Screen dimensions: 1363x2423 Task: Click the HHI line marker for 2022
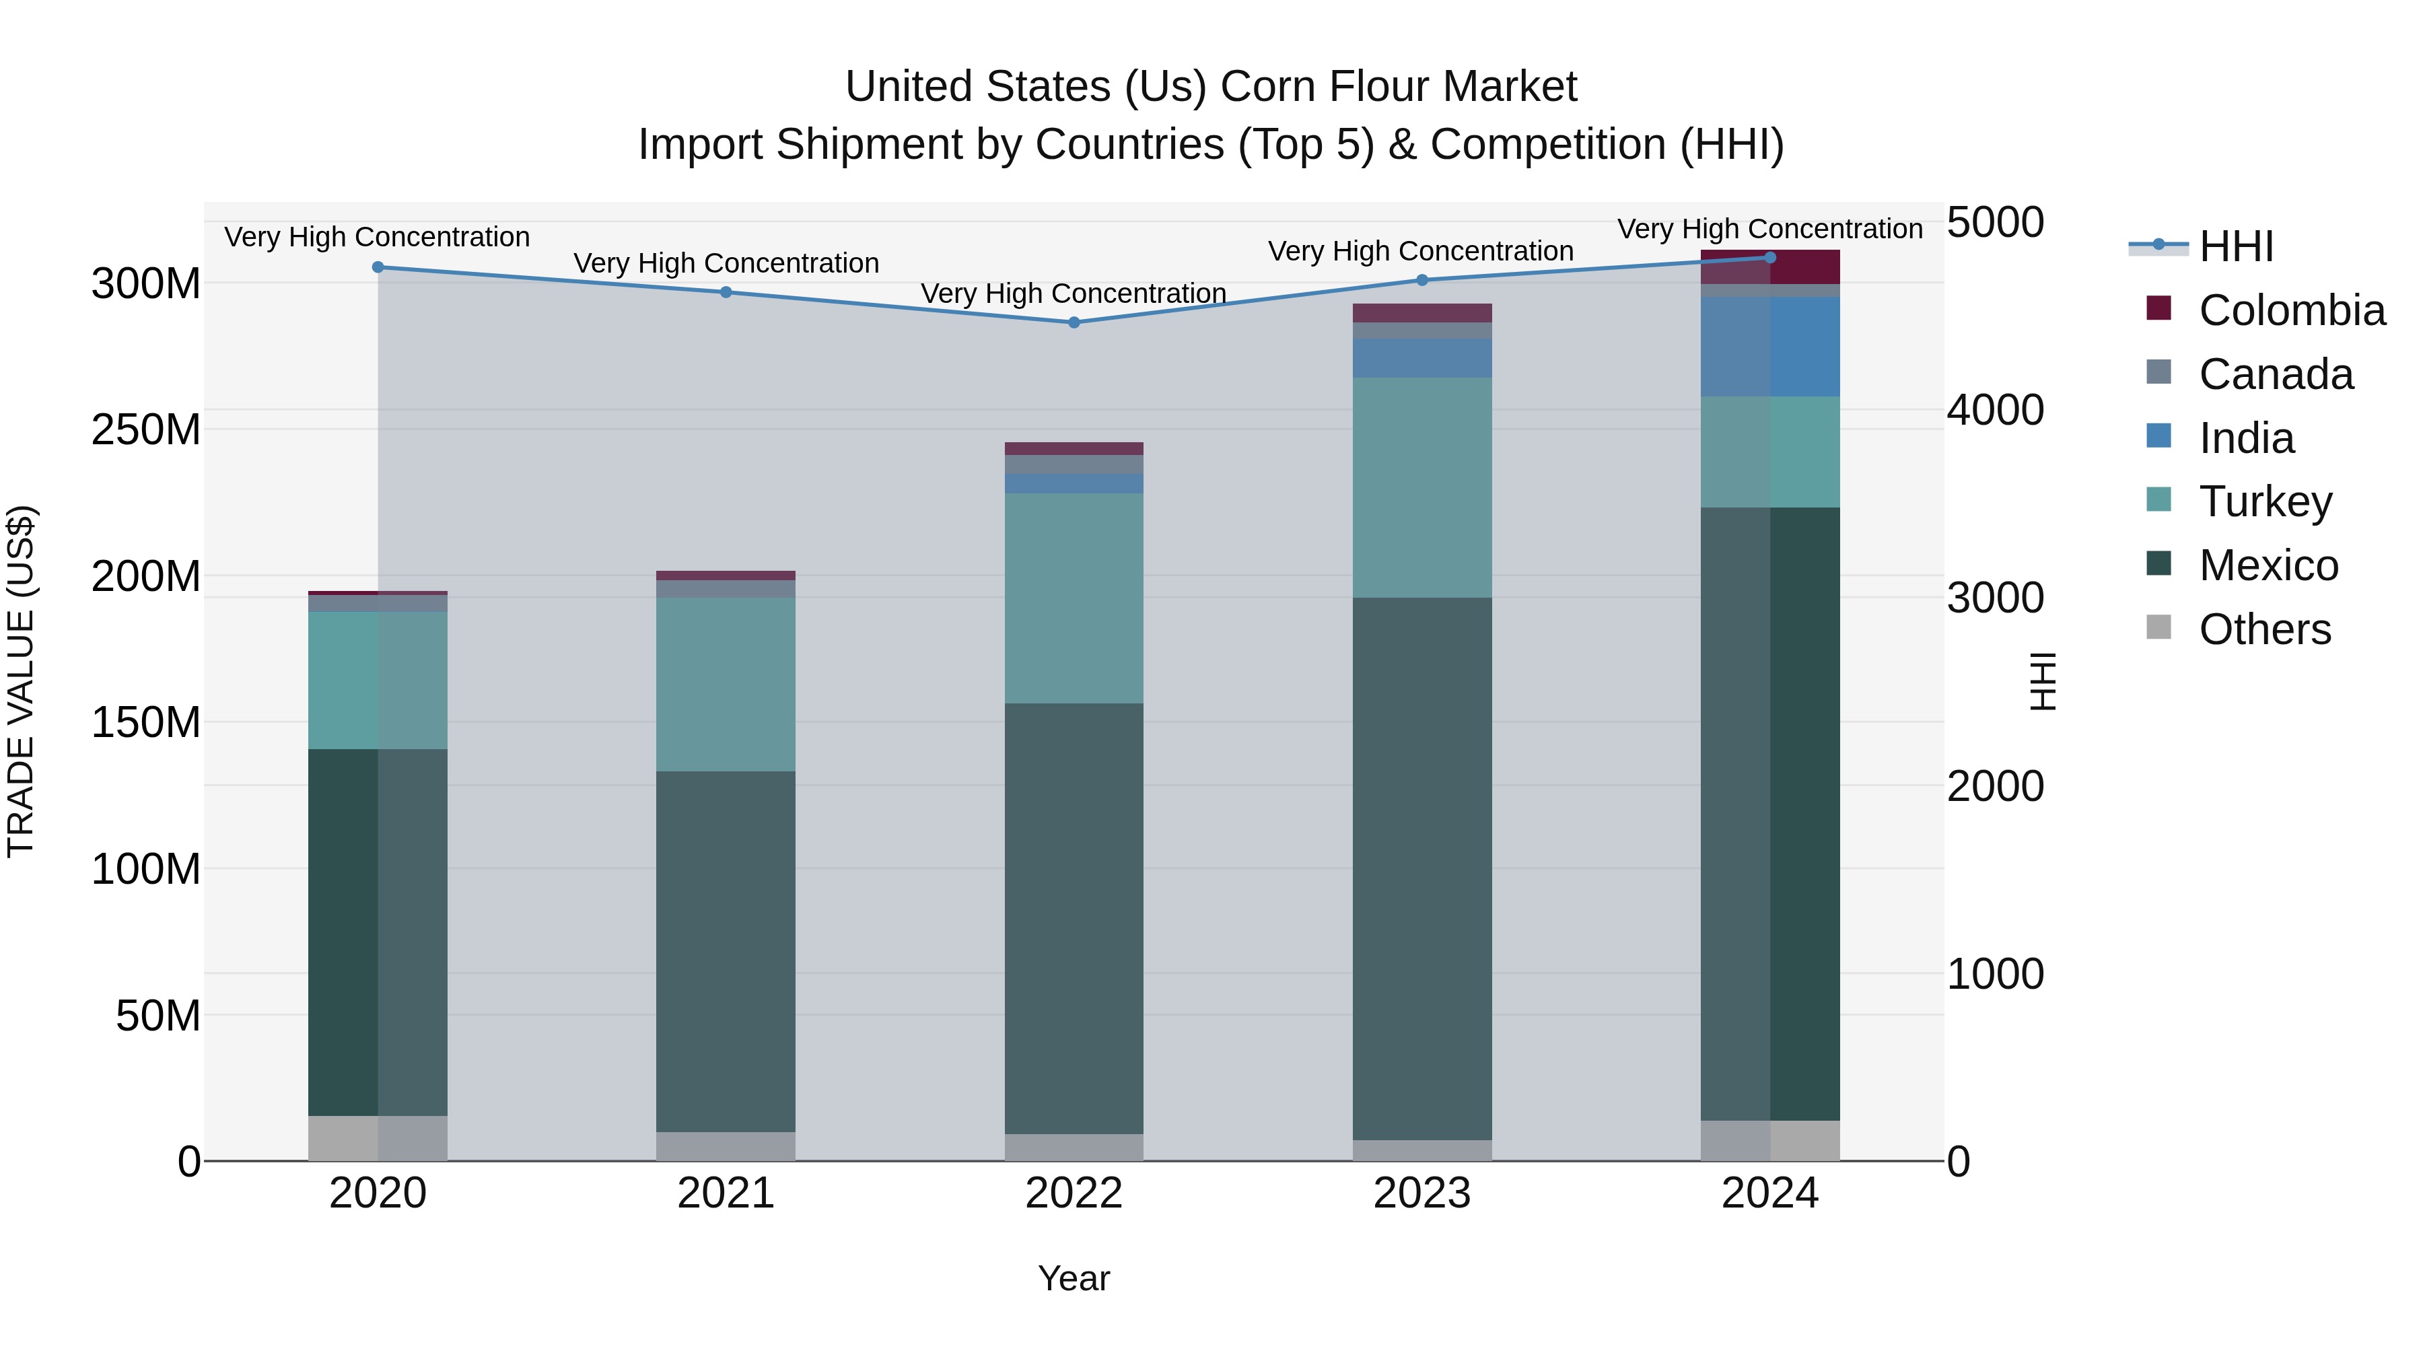click(1074, 322)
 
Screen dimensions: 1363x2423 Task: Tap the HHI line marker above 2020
click(378, 267)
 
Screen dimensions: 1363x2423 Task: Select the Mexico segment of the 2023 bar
click(1421, 868)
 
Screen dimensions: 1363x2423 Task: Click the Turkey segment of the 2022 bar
click(1074, 598)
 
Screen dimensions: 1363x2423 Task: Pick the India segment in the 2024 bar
click(1769, 346)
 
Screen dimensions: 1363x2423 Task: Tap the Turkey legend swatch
click(2158, 499)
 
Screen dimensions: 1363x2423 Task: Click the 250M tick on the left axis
click(146, 430)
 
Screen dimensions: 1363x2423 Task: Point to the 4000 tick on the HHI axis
click(1994, 410)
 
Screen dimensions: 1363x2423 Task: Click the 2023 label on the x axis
click(1421, 1193)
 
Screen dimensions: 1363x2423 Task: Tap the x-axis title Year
click(1074, 1278)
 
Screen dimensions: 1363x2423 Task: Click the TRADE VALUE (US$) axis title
click(22, 681)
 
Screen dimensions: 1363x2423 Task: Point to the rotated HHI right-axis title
click(2042, 681)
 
